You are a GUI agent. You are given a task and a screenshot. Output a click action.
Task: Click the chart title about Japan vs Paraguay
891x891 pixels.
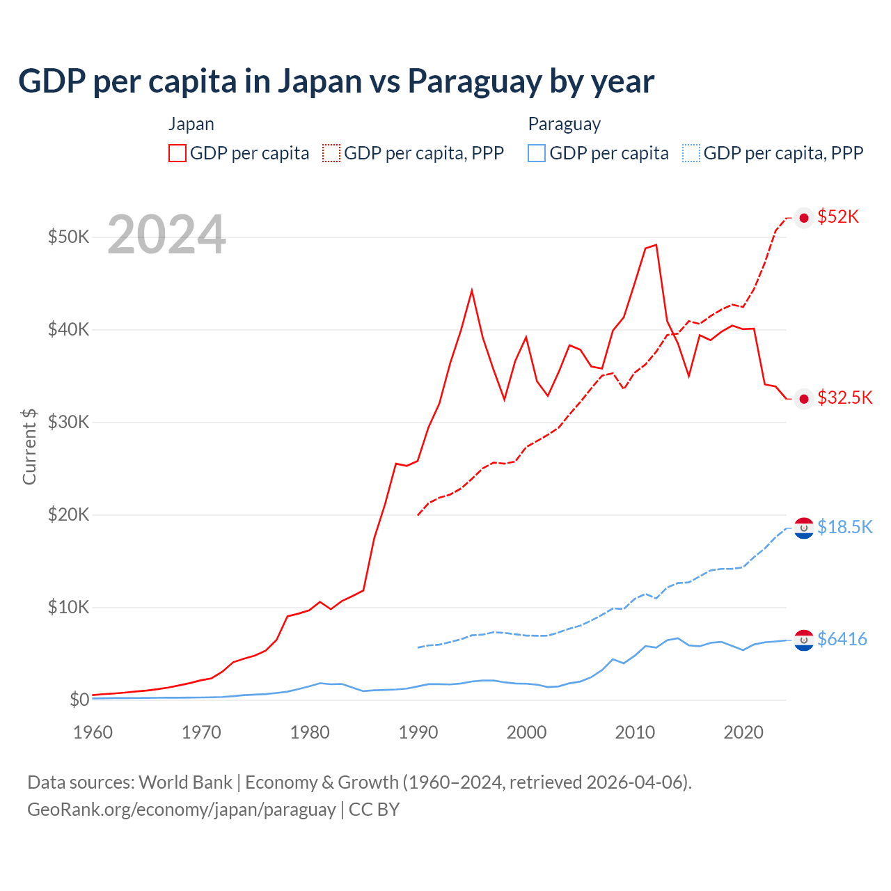pyautogui.click(x=336, y=81)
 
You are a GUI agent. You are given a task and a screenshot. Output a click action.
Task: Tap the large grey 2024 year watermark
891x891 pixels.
pyautogui.click(x=166, y=235)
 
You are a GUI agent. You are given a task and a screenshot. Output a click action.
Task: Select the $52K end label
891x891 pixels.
pyautogui.click(x=838, y=217)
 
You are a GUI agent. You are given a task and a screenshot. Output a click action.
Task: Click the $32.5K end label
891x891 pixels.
pyautogui.click(x=844, y=397)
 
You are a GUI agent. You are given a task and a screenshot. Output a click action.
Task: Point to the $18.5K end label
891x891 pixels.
pyautogui.click(x=844, y=527)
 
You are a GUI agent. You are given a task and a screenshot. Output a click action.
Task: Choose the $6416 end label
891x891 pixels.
pyautogui.click(x=842, y=639)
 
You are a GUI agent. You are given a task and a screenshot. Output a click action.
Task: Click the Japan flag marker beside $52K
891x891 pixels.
pyautogui.click(x=804, y=218)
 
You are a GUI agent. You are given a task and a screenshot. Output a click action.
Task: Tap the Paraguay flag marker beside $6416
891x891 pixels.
pyautogui.click(x=804, y=640)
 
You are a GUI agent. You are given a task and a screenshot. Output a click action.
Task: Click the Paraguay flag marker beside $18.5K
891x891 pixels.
pyautogui.click(x=804, y=528)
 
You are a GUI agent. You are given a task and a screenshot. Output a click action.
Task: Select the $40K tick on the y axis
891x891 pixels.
pyautogui.click(x=68, y=329)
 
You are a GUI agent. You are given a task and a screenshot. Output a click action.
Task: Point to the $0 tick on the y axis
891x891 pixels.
pyautogui.click(x=79, y=700)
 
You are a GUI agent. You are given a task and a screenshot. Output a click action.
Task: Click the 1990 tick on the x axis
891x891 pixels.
pyautogui.click(x=418, y=732)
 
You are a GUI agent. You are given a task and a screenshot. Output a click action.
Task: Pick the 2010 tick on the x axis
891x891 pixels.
pyautogui.click(x=635, y=732)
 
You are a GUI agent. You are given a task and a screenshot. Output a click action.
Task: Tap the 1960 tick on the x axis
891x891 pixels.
pyautogui.click(x=93, y=732)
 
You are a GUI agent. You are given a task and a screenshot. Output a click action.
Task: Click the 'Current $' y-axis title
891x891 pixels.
pyautogui.click(x=29, y=446)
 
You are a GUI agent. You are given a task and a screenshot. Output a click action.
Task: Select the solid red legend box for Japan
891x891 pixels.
pyautogui.click(x=178, y=153)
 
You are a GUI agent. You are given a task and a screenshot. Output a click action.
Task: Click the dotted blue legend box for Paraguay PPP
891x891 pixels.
pyautogui.click(x=691, y=153)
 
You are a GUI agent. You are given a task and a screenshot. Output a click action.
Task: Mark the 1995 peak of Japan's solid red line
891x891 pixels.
pyautogui.click(x=472, y=290)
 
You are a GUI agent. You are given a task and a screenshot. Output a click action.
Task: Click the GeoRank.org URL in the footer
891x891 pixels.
pyautogui.click(x=181, y=810)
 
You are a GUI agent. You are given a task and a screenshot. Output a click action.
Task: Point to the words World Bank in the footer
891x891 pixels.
pyautogui.click(x=185, y=782)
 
